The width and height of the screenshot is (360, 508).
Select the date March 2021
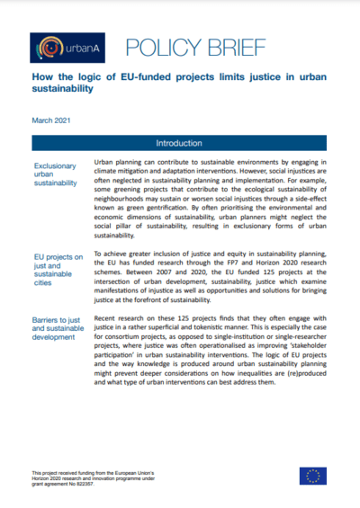[50, 120]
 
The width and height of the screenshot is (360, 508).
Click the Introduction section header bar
[180, 143]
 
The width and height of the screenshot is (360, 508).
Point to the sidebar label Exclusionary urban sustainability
[55, 174]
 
